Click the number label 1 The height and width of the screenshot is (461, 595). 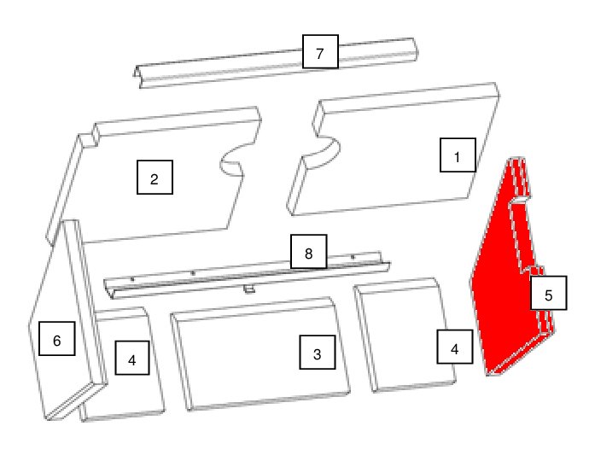(x=458, y=155)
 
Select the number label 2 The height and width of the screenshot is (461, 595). (x=155, y=178)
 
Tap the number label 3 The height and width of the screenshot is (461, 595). (x=318, y=352)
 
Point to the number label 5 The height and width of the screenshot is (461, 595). (x=548, y=293)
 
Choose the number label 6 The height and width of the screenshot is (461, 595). (x=57, y=338)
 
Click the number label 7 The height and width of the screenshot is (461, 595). (x=320, y=51)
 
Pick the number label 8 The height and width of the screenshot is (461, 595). (x=308, y=252)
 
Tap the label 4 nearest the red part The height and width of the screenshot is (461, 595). (x=455, y=347)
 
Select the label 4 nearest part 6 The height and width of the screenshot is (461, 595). (x=132, y=358)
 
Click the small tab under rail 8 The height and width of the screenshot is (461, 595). (x=249, y=290)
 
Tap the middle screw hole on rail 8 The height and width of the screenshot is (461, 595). (x=193, y=273)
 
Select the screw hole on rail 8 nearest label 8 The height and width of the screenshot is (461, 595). (x=353, y=257)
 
